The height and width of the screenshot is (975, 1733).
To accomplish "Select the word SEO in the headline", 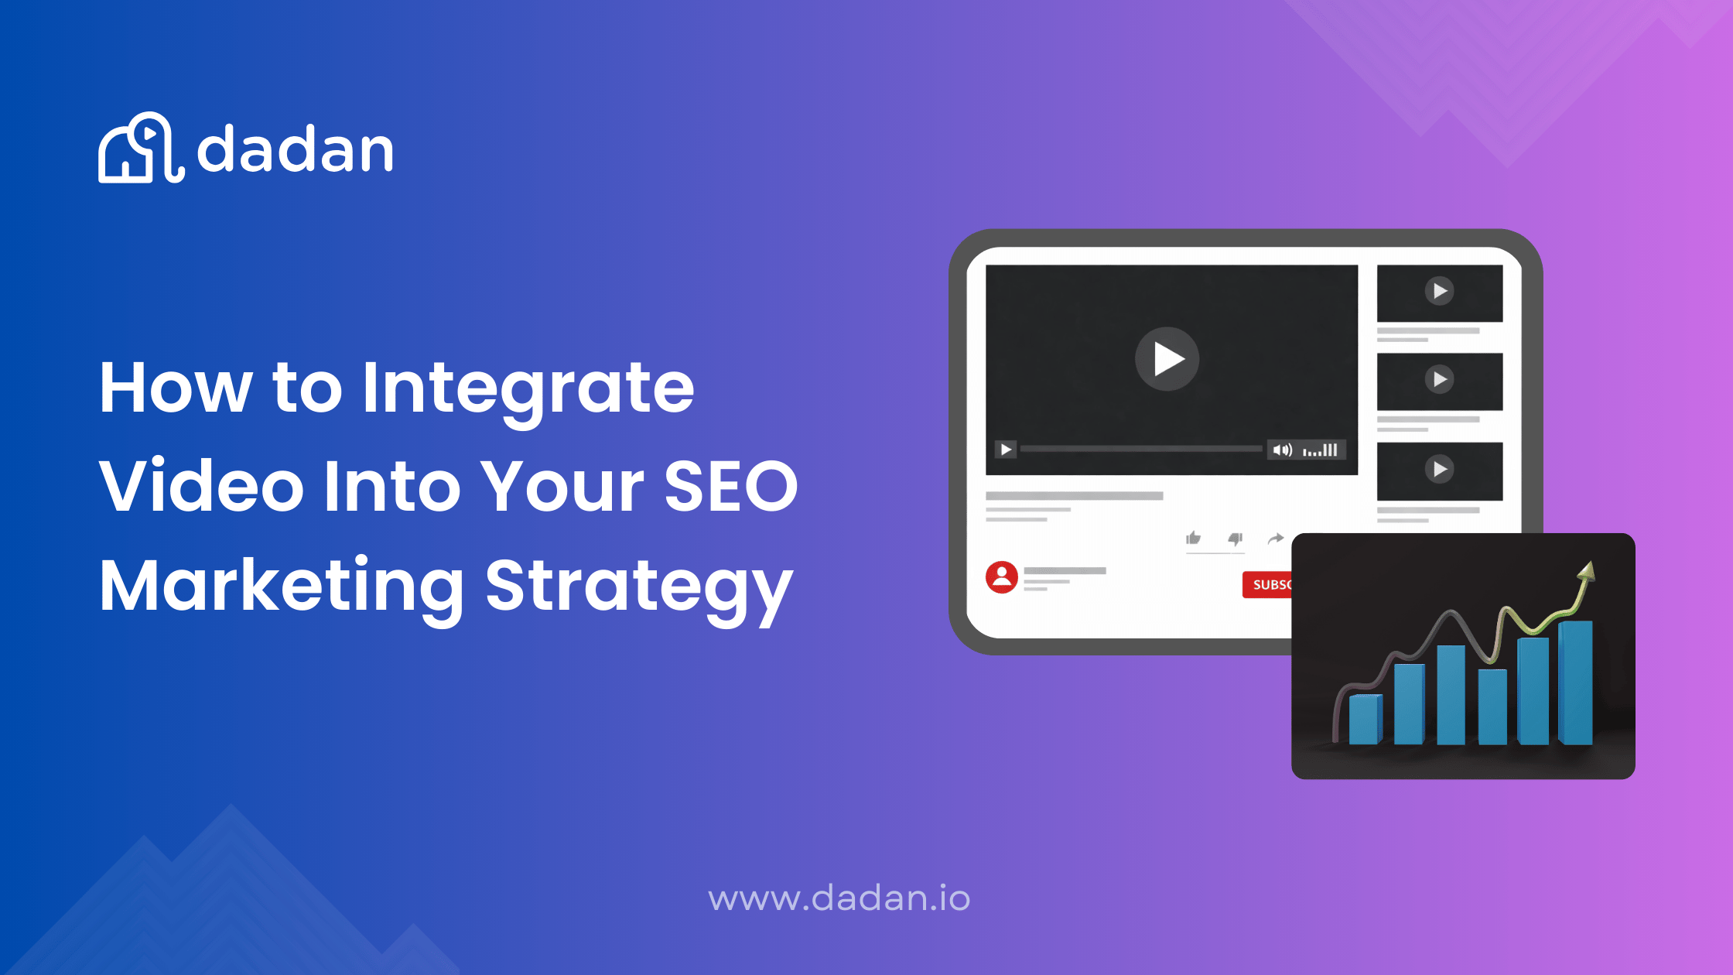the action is [x=730, y=486].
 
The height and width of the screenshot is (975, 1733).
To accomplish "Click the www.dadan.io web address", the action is [x=839, y=898].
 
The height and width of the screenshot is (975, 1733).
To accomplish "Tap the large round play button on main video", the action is [x=1167, y=358].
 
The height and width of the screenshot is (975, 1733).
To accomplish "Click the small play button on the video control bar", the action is [x=1005, y=449].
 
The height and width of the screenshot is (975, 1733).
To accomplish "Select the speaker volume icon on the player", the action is [x=1282, y=450].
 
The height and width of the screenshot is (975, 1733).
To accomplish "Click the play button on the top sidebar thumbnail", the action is [x=1439, y=291].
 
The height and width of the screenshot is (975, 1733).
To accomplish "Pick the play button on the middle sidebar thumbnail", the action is [x=1439, y=379].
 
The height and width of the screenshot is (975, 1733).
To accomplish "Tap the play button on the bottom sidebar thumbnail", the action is [x=1439, y=469].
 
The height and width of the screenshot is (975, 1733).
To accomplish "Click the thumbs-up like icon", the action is [x=1193, y=538].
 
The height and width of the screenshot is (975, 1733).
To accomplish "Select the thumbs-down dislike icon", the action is [x=1236, y=539].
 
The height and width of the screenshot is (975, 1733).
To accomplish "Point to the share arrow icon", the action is [x=1276, y=538].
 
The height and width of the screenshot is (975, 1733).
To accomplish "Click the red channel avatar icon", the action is [x=1001, y=577].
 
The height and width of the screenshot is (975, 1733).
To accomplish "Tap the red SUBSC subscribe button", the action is [x=1267, y=585].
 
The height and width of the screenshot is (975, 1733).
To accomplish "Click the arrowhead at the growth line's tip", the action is [x=1587, y=571].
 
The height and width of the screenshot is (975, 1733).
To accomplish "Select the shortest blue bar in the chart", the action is [x=1365, y=720].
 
